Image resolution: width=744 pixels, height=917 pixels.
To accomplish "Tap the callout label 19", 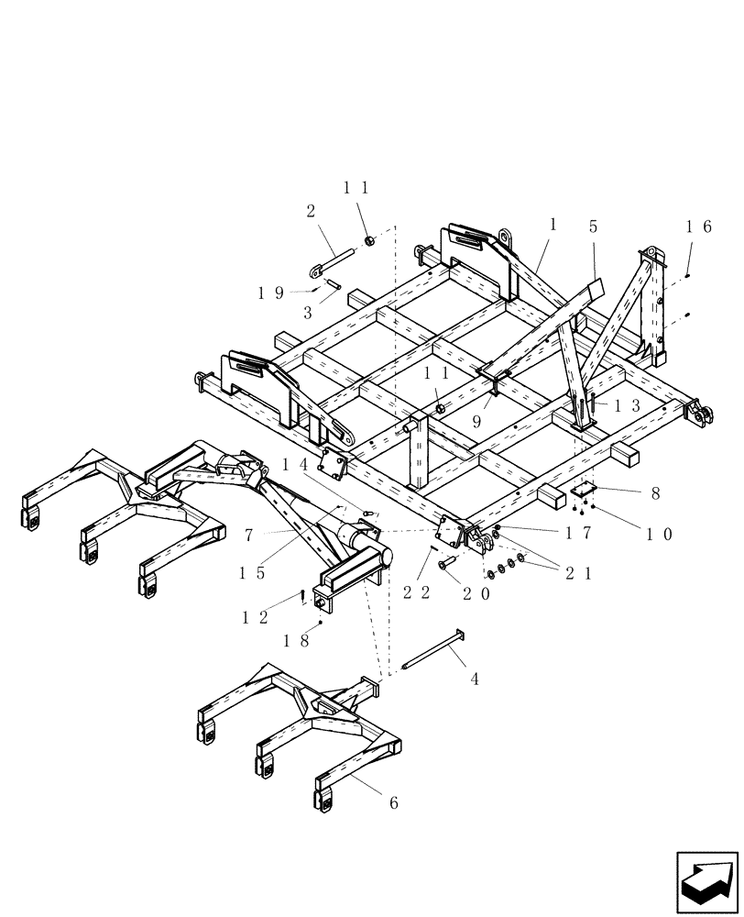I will click(x=270, y=293).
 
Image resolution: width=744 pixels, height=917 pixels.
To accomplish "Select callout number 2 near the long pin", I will click(x=311, y=211).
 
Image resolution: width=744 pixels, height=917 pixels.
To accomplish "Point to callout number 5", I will click(x=593, y=226).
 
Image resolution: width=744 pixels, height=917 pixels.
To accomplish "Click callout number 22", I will click(x=417, y=592).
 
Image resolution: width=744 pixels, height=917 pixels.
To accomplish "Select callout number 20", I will click(x=476, y=592).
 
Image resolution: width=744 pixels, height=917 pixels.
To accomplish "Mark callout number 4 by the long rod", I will click(x=475, y=679).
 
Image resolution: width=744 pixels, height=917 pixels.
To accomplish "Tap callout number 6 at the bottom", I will click(x=394, y=803).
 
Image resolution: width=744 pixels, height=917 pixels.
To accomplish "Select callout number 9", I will click(x=476, y=423).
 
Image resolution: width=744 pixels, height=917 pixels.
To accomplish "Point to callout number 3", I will click(x=308, y=313).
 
